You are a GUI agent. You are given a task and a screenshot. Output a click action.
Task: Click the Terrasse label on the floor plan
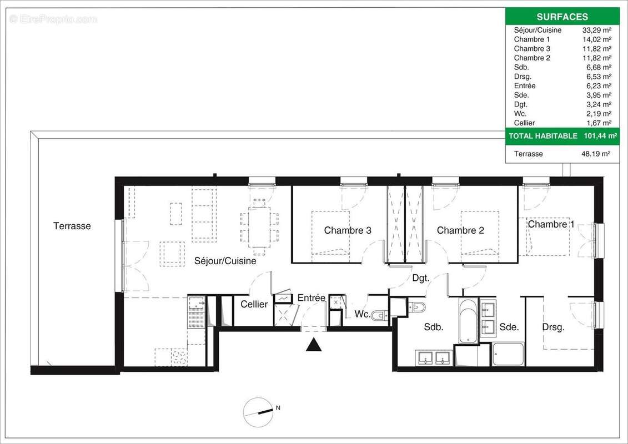tap(72, 226)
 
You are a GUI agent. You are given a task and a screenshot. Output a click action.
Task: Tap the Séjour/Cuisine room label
tap(225, 260)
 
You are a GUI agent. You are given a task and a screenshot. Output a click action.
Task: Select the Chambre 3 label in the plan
tap(348, 230)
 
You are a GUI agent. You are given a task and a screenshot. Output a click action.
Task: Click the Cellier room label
tap(254, 304)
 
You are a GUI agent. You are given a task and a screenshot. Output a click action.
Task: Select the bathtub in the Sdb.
tap(468, 321)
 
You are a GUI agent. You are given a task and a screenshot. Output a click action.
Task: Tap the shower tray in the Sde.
tap(508, 354)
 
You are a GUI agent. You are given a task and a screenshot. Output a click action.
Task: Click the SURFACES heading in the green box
tap(562, 17)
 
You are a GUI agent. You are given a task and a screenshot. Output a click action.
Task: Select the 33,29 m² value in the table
tap(595, 30)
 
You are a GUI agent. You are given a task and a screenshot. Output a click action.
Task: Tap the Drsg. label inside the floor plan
tap(553, 327)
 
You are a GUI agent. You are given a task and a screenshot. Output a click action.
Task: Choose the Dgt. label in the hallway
tap(420, 278)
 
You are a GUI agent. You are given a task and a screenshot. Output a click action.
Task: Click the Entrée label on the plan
tap(311, 298)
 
